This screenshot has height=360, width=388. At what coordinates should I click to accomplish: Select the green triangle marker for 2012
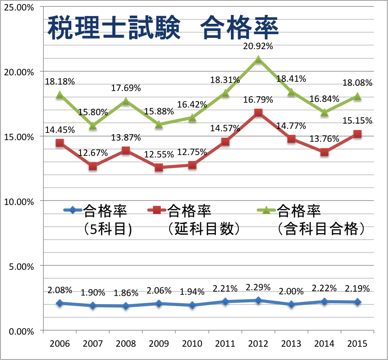coord(258,60)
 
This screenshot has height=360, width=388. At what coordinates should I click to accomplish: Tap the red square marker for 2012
coord(258,113)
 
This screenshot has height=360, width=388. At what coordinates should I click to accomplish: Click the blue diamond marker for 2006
coord(60,303)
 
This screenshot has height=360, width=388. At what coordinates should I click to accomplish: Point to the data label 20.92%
coord(258,46)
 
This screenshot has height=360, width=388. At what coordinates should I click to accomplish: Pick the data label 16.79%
coord(258,99)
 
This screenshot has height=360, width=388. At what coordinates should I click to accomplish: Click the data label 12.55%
coord(159,154)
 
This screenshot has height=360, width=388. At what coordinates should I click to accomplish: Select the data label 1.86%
coord(126,293)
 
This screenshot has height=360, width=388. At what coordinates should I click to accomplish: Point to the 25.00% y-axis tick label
coord(19,7)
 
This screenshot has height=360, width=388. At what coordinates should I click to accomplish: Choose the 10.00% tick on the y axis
coord(19,201)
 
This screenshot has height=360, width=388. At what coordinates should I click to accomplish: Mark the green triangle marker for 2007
coord(93,126)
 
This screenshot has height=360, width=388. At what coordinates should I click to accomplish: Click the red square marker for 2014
coord(324,152)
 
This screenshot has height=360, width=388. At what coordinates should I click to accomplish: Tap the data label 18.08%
coord(357,83)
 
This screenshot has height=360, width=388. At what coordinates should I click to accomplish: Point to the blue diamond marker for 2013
coord(291,304)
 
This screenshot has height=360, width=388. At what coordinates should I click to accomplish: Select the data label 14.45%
coord(60,130)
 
